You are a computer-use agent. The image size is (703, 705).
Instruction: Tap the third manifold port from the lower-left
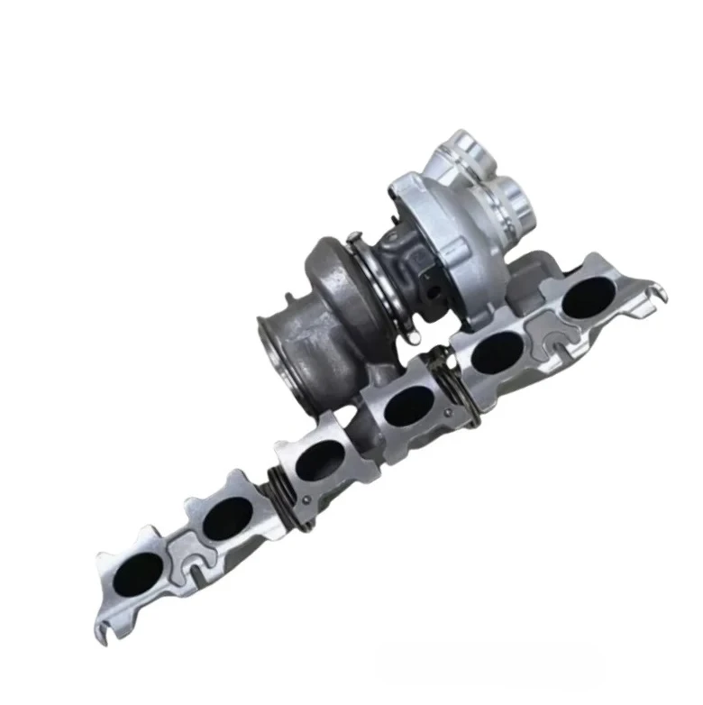[x=317, y=459]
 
